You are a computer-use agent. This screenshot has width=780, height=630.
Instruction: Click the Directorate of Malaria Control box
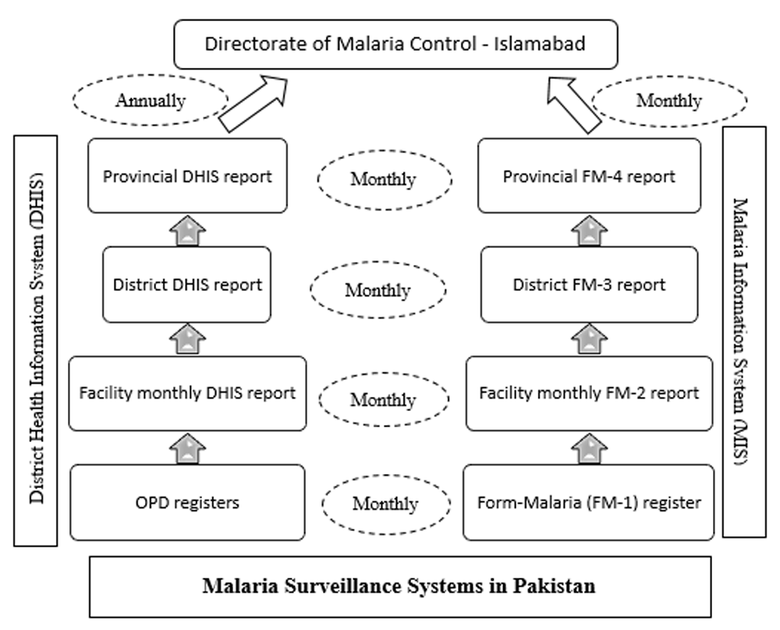click(x=395, y=44)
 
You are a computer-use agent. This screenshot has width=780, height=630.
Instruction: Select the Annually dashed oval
click(x=151, y=100)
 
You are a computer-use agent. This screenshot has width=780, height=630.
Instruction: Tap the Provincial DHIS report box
click(x=187, y=175)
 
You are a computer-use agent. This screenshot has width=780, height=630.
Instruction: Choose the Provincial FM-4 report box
click(x=590, y=175)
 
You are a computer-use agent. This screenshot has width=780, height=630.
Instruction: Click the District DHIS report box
click(x=187, y=285)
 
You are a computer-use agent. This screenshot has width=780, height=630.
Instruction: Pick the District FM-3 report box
click(x=590, y=285)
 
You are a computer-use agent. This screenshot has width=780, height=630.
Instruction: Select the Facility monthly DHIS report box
click(x=187, y=393)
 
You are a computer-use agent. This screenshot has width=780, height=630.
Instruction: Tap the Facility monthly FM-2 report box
click(x=590, y=393)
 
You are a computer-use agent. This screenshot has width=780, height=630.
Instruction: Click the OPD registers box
click(x=187, y=502)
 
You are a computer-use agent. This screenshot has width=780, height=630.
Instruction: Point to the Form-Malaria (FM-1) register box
click(x=589, y=502)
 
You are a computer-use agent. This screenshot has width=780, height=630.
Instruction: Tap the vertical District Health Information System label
click(x=36, y=341)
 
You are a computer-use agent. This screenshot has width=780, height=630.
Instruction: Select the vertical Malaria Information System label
click(x=744, y=331)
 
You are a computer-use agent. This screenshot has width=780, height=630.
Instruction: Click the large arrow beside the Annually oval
click(x=253, y=104)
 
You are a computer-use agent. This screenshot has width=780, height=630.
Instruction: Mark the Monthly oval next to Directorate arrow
click(x=669, y=101)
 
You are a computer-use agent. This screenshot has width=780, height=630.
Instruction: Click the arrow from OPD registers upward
click(x=187, y=448)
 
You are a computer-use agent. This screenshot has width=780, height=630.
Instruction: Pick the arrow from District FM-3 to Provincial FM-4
click(x=590, y=231)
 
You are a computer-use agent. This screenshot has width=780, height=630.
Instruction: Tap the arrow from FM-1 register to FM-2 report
click(x=590, y=448)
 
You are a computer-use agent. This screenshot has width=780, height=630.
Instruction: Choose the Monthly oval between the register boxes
click(x=386, y=504)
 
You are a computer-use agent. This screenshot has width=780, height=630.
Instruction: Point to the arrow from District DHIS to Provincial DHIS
click(x=187, y=231)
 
